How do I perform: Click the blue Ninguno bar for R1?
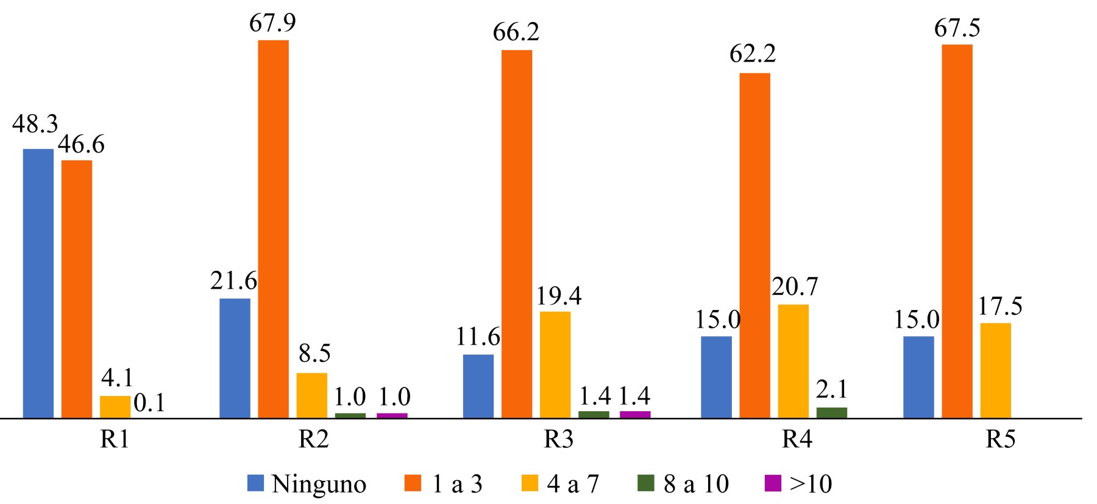click(x=38, y=283)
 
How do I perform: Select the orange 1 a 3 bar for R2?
click(x=273, y=229)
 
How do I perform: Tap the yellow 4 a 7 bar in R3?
click(x=555, y=364)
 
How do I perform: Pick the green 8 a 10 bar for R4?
click(x=831, y=412)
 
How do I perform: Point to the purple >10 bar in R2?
click(x=392, y=416)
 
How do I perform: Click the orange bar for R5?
click(x=957, y=231)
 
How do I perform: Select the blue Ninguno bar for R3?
click(x=478, y=386)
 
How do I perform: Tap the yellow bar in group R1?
click(x=115, y=407)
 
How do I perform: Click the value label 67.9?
click(x=272, y=23)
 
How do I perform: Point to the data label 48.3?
click(x=35, y=124)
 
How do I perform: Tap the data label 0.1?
click(x=149, y=405)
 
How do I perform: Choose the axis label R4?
click(x=797, y=440)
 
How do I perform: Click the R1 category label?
click(x=115, y=440)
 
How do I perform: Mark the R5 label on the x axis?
click(x=1001, y=440)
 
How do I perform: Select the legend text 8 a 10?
click(x=695, y=484)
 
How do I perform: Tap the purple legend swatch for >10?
click(x=772, y=484)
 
